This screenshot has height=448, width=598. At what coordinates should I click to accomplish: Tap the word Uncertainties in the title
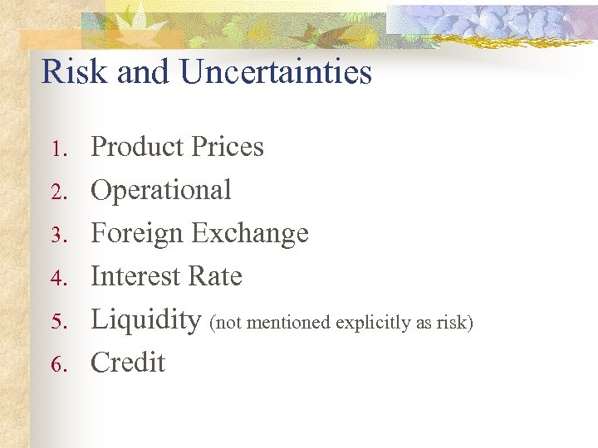tap(275, 72)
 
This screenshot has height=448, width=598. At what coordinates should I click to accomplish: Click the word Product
tap(137, 147)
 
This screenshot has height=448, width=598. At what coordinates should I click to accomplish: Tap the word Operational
tap(161, 191)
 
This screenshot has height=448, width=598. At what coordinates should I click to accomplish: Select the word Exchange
tap(250, 233)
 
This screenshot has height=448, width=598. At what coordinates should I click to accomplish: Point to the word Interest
tap(137, 276)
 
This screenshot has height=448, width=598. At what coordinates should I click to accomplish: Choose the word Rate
tap(216, 276)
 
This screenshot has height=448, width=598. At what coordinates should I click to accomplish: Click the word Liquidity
tap(146, 320)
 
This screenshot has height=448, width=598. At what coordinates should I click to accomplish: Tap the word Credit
tap(128, 363)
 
